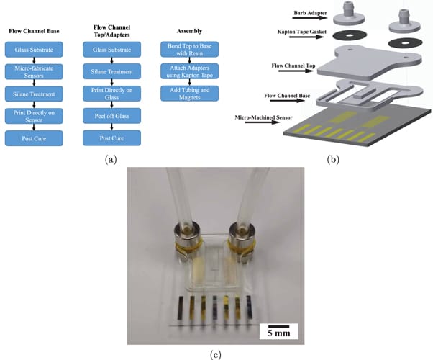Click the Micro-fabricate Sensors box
(x=34, y=72)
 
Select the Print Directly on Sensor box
(x=34, y=116)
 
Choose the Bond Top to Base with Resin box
(x=183, y=50)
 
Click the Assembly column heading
(x=183, y=31)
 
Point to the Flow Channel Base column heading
(x=34, y=31)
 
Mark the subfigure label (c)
(x=216, y=354)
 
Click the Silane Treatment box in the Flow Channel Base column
(x=34, y=94)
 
